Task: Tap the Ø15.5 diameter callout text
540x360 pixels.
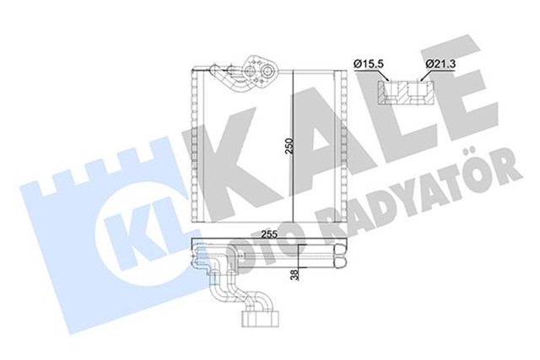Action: [x=370, y=62]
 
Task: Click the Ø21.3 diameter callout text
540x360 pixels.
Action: [x=442, y=62]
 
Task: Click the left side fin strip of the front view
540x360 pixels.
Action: [x=197, y=148]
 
